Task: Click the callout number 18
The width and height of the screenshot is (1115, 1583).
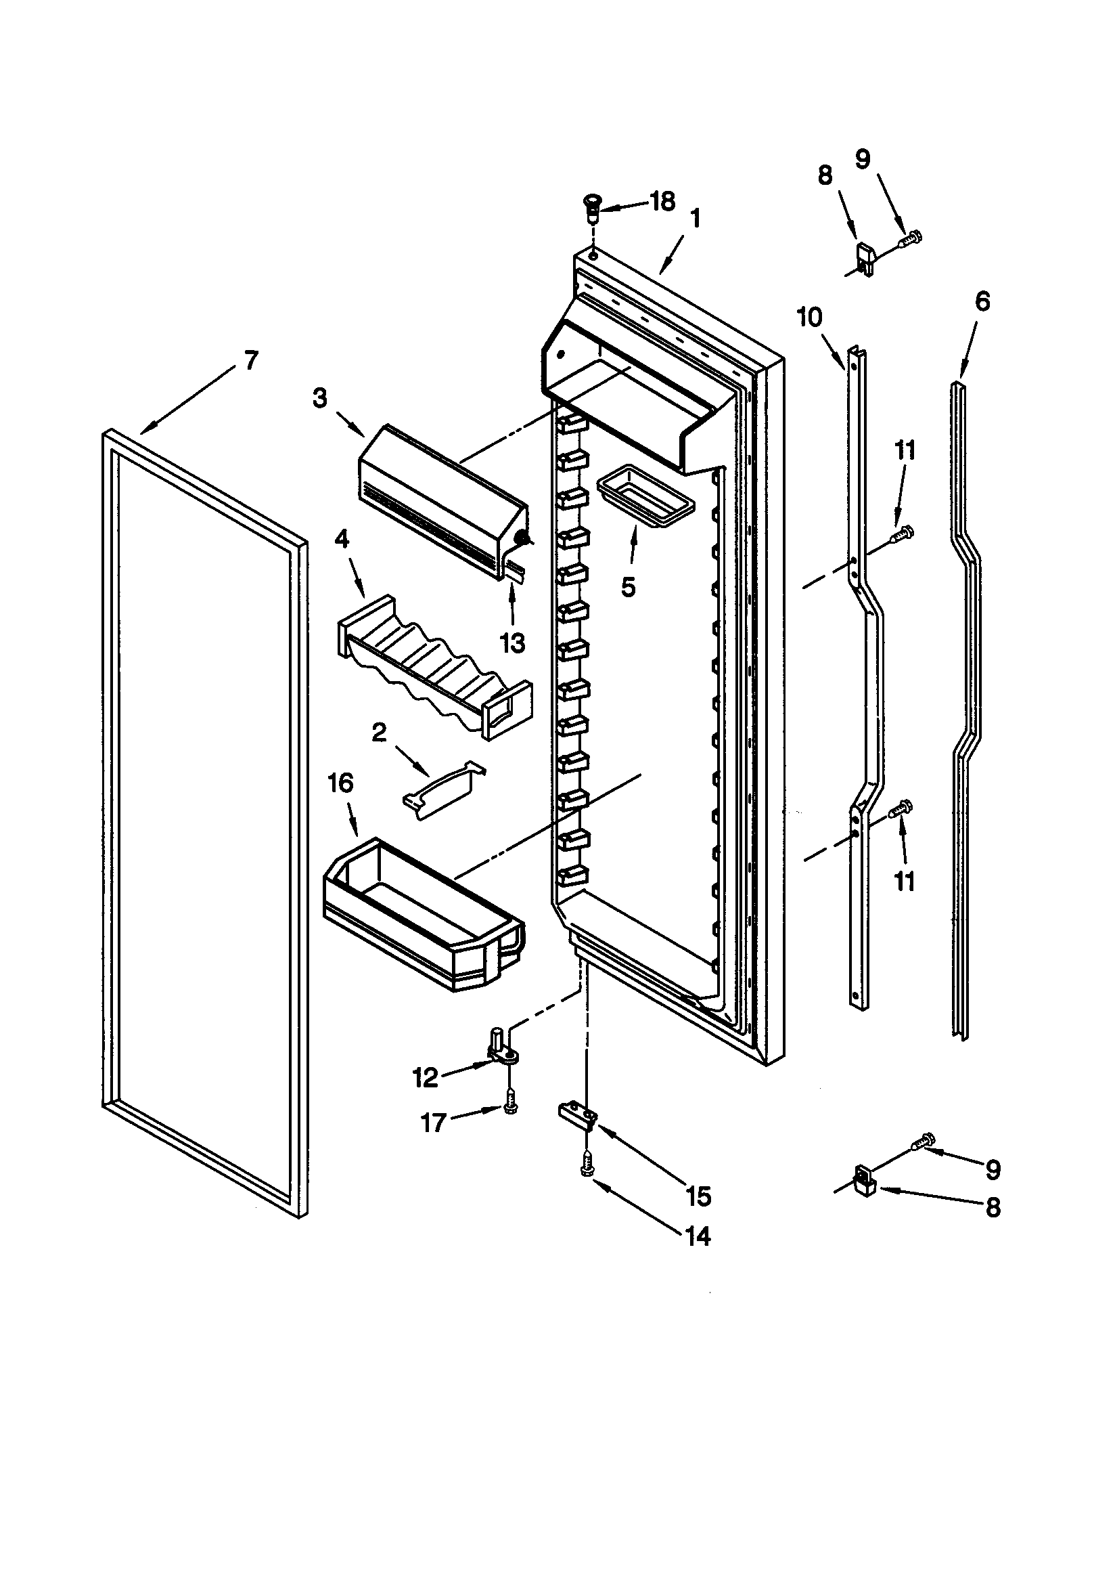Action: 662,202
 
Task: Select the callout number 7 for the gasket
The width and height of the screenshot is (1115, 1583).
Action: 251,360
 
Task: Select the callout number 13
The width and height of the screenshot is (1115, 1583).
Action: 512,643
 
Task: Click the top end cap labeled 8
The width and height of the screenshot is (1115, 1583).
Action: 867,259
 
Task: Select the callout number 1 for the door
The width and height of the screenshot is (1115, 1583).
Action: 695,219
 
